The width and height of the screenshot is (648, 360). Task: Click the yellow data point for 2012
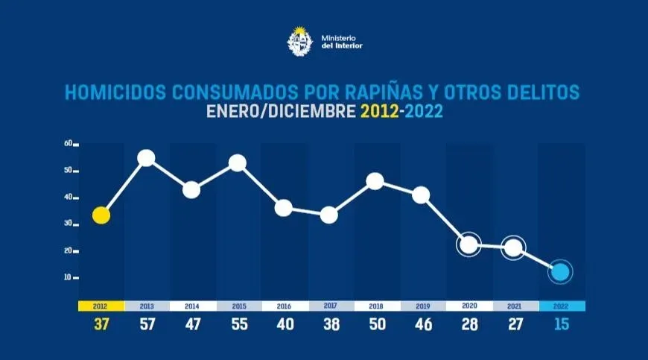pyautogui.click(x=101, y=215)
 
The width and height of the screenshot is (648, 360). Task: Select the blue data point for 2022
pyautogui.click(x=560, y=272)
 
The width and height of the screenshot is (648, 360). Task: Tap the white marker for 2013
pyautogui.click(x=146, y=158)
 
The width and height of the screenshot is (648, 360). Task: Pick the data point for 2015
pyautogui.click(x=238, y=162)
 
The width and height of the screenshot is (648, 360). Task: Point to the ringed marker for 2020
pyautogui.click(x=468, y=244)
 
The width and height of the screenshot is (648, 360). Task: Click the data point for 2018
pyautogui.click(x=375, y=181)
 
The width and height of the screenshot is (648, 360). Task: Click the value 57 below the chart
pyautogui.click(x=146, y=325)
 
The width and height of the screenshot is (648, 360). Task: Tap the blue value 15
pyautogui.click(x=562, y=325)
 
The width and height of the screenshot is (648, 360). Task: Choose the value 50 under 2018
pyautogui.click(x=376, y=325)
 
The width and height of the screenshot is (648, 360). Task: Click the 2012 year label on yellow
pyautogui.click(x=101, y=306)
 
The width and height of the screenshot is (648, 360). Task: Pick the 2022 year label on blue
pyautogui.click(x=562, y=306)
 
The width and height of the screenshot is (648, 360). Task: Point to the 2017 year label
pyautogui.click(x=330, y=306)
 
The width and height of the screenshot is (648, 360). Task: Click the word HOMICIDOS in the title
pyautogui.click(x=116, y=93)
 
